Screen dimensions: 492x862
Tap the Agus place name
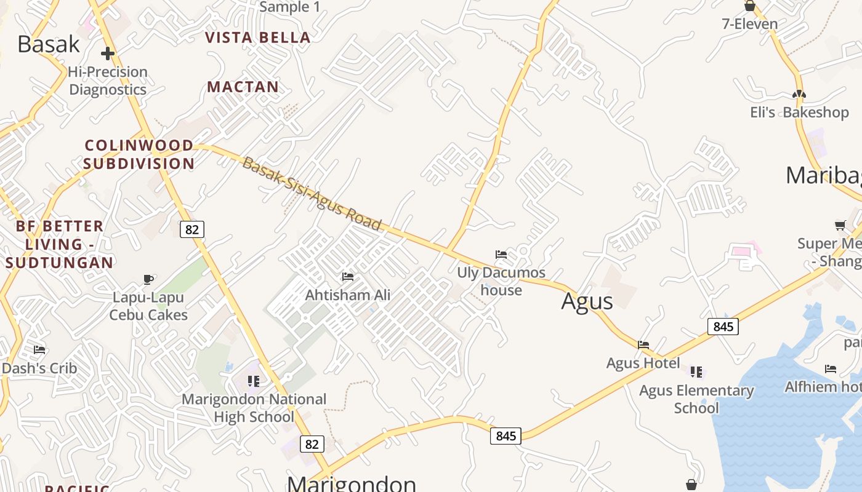(587, 301)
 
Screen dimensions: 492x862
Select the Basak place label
(49, 44)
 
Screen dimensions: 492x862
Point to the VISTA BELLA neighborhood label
(257, 38)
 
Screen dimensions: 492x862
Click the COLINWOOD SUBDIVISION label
(139, 154)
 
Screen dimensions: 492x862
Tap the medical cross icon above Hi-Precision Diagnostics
(108, 54)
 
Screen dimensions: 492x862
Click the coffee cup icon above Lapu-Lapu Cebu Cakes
(148, 279)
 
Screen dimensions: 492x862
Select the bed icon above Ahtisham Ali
(348, 277)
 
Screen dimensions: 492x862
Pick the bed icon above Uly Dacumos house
(501, 254)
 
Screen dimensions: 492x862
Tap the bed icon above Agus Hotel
(643, 344)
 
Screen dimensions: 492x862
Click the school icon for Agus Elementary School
(696, 371)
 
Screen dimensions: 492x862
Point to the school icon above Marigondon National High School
(254, 381)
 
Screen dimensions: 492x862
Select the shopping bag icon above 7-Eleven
(749, 6)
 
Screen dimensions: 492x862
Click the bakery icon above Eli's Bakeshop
(799, 94)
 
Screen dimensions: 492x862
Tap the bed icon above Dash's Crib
(39, 350)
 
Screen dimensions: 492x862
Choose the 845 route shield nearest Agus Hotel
(723, 326)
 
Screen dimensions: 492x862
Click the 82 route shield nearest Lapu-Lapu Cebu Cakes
(192, 229)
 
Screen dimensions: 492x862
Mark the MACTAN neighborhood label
(243, 87)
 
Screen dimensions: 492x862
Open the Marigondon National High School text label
(254, 408)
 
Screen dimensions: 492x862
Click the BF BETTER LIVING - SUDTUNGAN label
(59, 244)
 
